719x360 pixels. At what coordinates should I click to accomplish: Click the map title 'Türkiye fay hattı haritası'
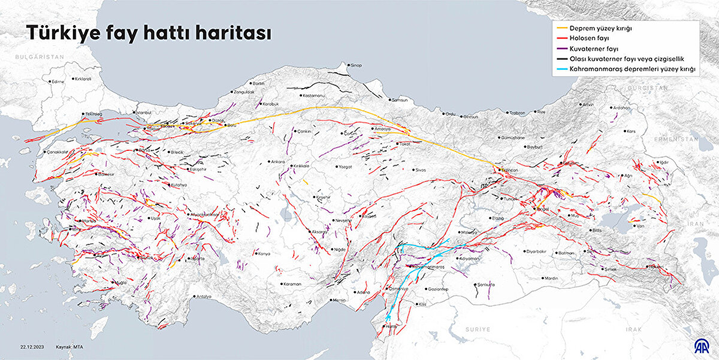147,34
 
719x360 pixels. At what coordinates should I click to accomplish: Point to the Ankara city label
278,162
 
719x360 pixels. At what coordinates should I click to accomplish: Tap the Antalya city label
204,297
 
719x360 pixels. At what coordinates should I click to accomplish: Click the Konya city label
264,253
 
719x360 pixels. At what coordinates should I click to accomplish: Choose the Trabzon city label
517,113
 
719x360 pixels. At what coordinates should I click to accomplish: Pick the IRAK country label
633,329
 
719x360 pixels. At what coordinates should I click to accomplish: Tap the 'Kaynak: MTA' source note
71,347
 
